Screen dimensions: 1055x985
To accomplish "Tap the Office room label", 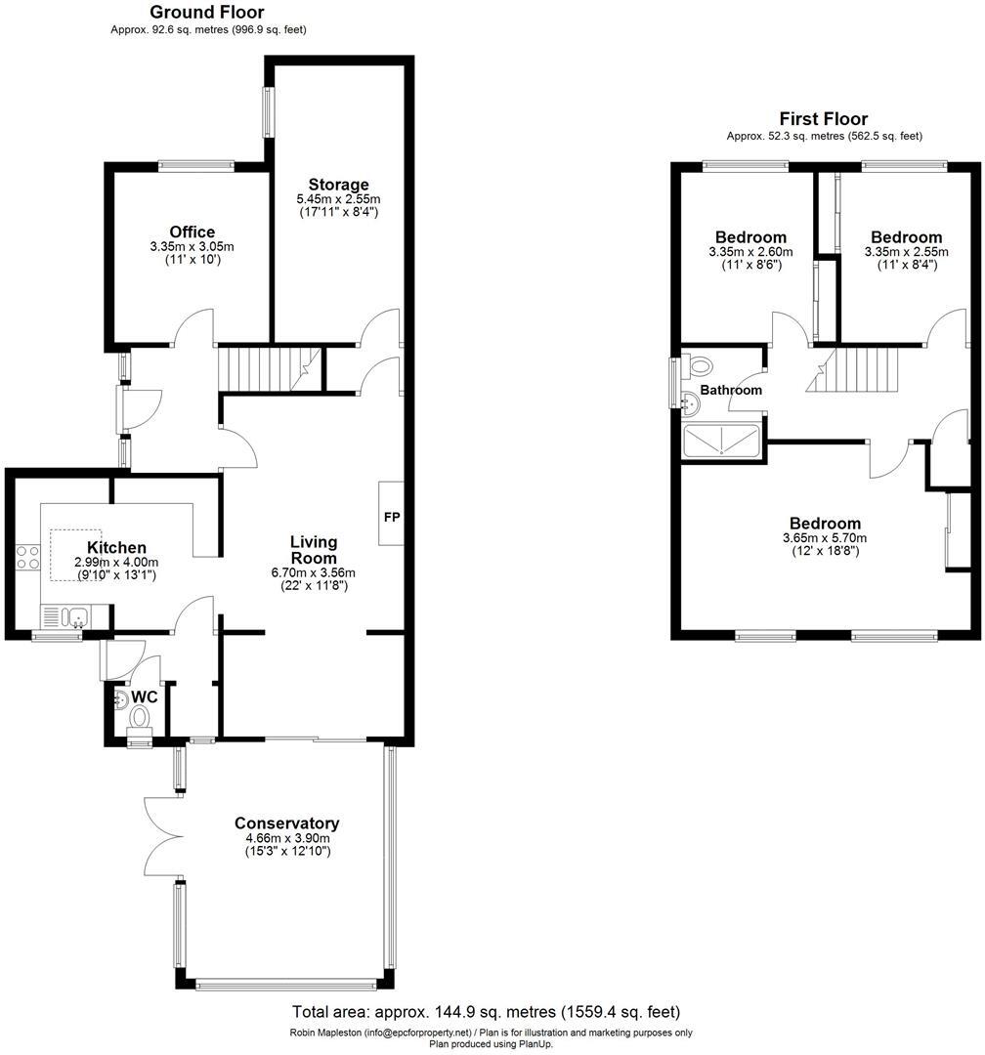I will [x=192, y=232].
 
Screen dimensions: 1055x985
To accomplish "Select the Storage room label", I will [x=338, y=185].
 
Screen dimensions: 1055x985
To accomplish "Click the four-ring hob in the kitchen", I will [x=27, y=558].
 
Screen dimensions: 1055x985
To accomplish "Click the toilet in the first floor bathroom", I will [x=700, y=366].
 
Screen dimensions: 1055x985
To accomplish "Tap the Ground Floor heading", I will [x=206, y=13].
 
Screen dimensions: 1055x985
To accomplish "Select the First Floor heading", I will [x=824, y=119].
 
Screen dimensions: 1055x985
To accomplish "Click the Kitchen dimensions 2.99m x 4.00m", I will [x=116, y=563].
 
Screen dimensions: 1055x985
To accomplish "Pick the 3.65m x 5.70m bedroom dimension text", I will [x=825, y=538].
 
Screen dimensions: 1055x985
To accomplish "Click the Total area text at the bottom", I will [x=487, y=1012].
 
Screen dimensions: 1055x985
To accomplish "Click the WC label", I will [x=144, y=696].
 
